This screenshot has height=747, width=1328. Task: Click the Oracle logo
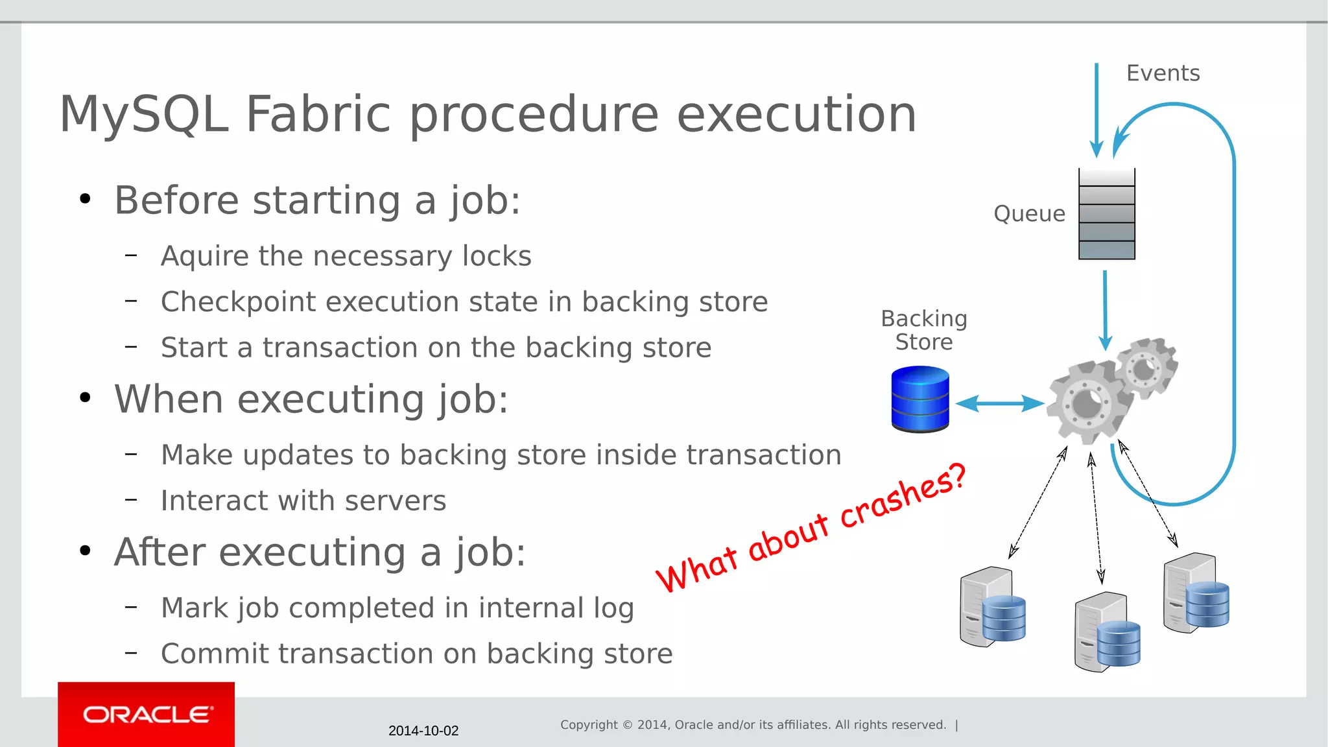tap(147, 714)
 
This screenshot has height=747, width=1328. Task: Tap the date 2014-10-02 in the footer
tap(423, 731)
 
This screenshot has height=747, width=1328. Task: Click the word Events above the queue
tap(1163, 73)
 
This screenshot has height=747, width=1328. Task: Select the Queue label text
tap(1029, 213)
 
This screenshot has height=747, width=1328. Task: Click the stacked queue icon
tap(1106, 214)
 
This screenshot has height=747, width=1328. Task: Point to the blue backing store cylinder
tap(919, 399)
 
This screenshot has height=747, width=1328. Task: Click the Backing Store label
tap(923, 330)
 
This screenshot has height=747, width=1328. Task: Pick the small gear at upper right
tap(1146, 368)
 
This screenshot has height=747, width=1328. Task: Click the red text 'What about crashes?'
tap(811, 528)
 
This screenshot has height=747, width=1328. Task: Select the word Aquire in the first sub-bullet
tap(204, 256)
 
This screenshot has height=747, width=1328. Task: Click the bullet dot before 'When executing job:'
tap(85, 397)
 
